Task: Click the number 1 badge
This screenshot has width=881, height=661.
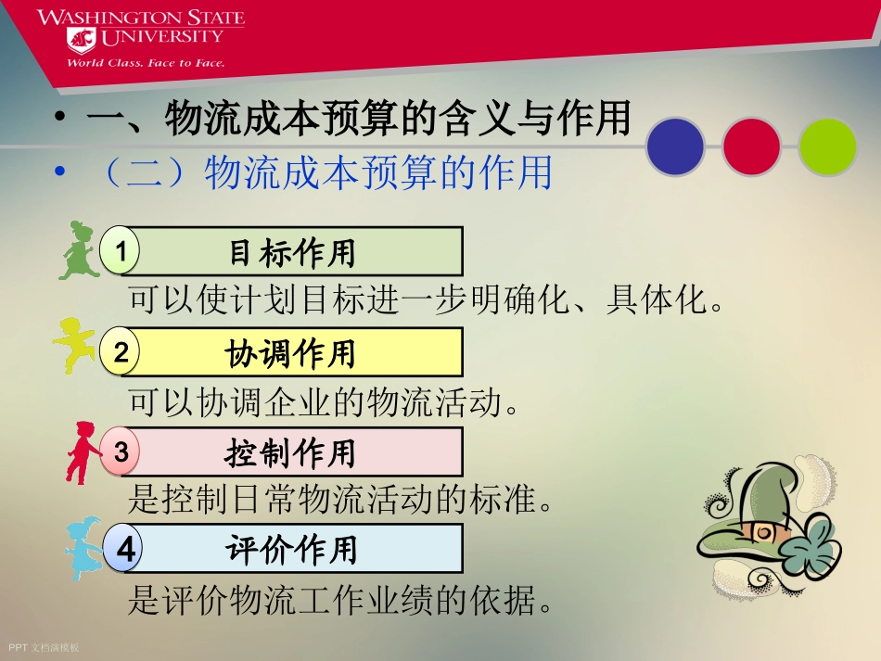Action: [121, 250]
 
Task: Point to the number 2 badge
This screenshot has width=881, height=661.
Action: [121, 351]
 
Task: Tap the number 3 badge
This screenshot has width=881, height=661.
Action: [121, 452]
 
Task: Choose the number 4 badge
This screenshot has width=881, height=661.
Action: [124, 550]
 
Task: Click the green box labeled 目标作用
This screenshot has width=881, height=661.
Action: [292, 251]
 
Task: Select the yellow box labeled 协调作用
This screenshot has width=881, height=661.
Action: [292, 352]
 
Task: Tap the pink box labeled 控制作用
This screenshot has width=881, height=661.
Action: [292, 453]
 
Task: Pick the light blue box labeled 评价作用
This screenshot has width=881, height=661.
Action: [292, 550]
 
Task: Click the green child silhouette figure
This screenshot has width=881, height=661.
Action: [76, 250]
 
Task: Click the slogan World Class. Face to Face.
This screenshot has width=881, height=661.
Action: [145, 63]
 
